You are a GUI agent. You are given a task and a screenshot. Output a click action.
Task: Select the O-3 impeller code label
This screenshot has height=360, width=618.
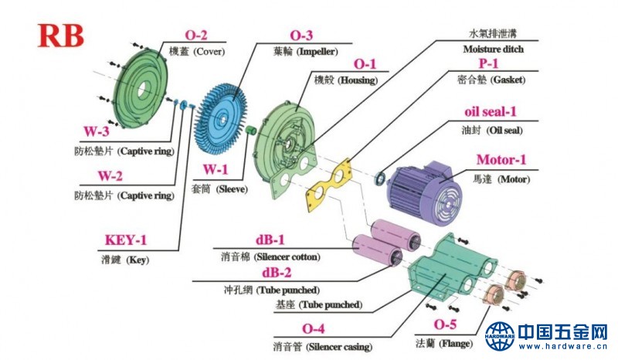(301, 36)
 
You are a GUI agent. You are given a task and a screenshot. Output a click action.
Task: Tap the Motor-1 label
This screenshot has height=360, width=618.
(501, 160)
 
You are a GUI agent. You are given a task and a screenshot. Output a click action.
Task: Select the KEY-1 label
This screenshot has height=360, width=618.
(127, 241)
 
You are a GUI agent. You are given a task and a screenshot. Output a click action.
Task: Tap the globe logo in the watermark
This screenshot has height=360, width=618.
(500, 337)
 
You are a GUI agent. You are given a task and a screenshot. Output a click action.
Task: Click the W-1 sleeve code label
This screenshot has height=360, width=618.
(216, 170)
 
